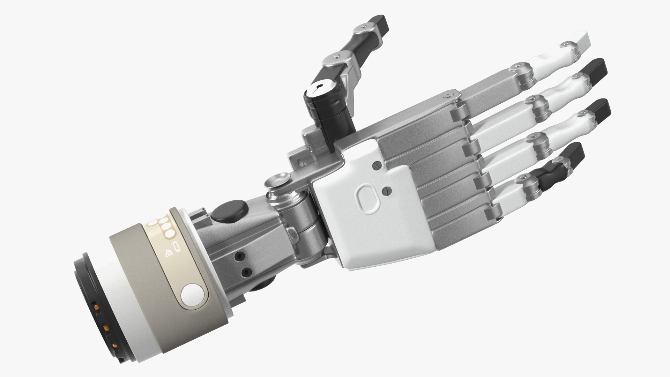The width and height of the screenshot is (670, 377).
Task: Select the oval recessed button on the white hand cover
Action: (x=368, y=198)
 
